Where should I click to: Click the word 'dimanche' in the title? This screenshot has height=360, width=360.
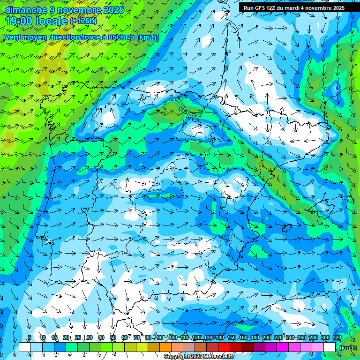(26, 10)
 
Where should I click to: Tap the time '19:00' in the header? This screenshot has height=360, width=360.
(20, 21)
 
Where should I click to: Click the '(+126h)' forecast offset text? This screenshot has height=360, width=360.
(83, 21)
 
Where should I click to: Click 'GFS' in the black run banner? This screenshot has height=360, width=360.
(261, 8)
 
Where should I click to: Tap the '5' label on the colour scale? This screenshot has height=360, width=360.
(30, 337)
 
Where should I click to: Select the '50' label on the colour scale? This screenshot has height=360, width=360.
(113, 337)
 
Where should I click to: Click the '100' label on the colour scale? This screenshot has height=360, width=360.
(172, 337)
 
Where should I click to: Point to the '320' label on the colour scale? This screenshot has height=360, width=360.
(337, 337)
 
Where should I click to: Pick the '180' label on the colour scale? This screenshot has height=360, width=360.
(255, 337)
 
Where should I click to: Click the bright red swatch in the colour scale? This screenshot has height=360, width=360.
(224, 347)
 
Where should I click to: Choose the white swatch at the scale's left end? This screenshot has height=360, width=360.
(25, 347)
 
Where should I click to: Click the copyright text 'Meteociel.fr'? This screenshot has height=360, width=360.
(215, 357)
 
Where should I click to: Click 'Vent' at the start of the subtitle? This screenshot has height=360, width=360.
(12, 37)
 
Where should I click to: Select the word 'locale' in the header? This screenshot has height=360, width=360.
(51, 21)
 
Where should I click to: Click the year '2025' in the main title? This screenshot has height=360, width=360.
(113, 10)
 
